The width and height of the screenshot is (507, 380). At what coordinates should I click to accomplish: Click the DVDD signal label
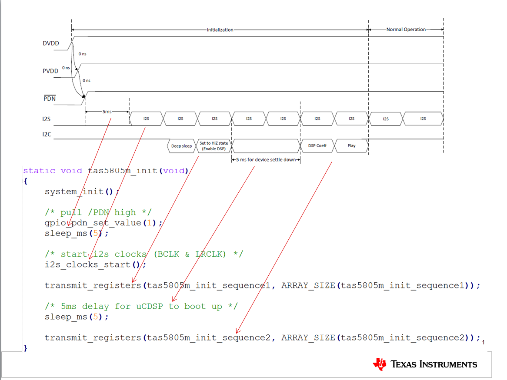click(x=50, y=43)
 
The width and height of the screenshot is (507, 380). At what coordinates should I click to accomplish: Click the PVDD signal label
click(x=50, y=71)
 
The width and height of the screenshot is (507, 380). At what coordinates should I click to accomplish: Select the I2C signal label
click(x=47, y=134)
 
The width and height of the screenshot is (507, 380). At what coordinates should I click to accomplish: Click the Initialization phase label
click(x=220, y=30)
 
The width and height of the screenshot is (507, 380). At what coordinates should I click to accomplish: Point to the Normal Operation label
click(x=406, y=30)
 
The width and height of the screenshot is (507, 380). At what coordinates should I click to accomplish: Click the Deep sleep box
click(x=181, y=146)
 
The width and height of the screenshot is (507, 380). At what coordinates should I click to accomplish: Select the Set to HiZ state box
click(x=214, y=145)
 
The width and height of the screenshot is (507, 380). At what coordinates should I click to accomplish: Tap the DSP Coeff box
click(x=317, y=145)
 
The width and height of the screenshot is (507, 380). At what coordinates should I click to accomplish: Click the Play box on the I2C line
click(x=351, y=145)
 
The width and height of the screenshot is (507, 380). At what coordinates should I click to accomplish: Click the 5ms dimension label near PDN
click(x=107, y=112)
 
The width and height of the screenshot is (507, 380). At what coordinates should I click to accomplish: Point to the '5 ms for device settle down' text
click(x=266, y=159)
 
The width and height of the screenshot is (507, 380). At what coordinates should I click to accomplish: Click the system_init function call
click(x=81, y=192)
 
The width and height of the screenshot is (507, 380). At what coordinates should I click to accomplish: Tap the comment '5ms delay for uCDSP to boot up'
click(x=141, y=306)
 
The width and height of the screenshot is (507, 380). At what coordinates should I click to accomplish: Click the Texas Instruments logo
click(x=425, y=364)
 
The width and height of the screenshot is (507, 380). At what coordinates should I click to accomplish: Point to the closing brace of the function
click(x=26, y=348)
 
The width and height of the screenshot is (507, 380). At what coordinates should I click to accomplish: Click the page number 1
click(x=483, y=343)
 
